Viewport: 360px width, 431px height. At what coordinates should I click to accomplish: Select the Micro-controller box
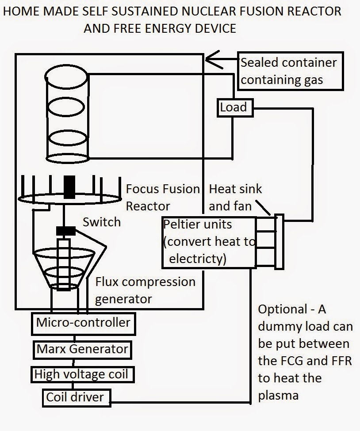[83, 323]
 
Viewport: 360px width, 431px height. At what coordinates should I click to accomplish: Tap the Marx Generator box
[82, 349]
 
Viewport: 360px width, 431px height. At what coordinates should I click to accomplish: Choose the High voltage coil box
[81, 375]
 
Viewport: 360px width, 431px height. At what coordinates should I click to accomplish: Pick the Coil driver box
[75, 397]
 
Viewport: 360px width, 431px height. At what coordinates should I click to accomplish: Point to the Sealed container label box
[290, 71]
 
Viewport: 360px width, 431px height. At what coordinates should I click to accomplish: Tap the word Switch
[101, 222]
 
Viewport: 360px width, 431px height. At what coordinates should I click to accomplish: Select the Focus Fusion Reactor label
[163, 197]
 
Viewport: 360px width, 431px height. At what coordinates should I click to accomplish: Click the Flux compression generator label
[145, 290]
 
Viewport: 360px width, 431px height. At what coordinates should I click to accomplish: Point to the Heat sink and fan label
[235, 197]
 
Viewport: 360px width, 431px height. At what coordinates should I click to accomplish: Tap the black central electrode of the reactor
[70, 187]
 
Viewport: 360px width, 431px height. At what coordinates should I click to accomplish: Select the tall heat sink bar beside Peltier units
[279, 241]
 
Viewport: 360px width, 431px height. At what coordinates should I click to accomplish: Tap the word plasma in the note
[278, 395]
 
